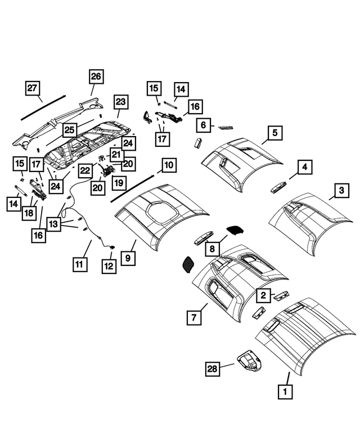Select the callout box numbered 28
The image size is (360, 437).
point(211,369)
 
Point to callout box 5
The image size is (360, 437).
point(274,133)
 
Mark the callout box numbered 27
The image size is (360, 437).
point(34,89)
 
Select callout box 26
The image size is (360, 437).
point(96,76)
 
